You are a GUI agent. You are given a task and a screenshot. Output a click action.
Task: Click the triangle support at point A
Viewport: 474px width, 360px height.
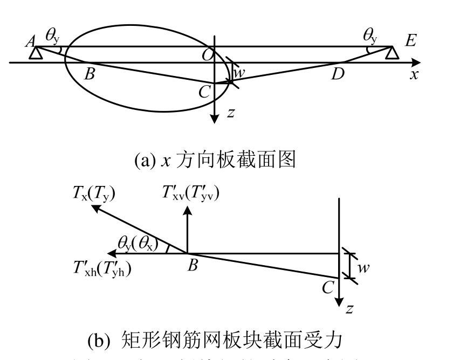36,53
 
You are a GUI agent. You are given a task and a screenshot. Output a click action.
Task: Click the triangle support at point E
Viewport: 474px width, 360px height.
391,53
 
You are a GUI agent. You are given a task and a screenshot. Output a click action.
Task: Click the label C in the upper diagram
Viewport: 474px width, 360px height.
204,92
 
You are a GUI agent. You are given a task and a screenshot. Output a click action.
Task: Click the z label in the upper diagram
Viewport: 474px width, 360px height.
230,113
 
